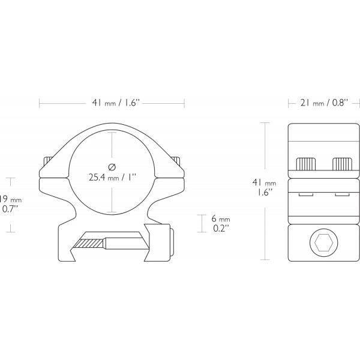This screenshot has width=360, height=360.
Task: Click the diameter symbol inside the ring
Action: click(111, 166)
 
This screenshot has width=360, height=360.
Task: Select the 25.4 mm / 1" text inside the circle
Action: click(112, 178)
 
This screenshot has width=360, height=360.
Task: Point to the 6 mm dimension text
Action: click(222, 220)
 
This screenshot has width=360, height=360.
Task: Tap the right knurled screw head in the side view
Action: click(343, 164)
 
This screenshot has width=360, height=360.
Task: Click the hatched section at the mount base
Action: click(88, 244)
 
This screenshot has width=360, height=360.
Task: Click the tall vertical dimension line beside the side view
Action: click(265, 191)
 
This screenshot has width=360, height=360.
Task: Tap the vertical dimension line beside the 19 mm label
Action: click(10, 204)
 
